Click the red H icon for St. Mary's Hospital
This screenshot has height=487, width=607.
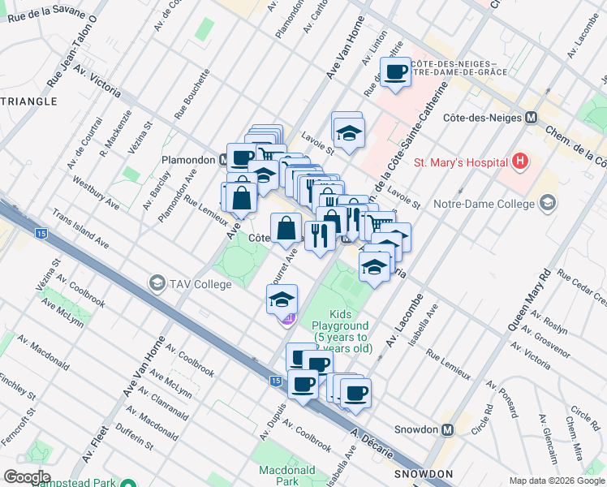(520, 162)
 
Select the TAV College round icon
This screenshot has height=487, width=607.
(156, 283)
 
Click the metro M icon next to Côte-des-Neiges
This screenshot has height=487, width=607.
(532, 117)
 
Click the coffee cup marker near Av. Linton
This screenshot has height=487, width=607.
(396, 72)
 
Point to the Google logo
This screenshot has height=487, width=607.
(28, 477)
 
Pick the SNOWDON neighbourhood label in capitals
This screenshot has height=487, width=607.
(423, 473)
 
